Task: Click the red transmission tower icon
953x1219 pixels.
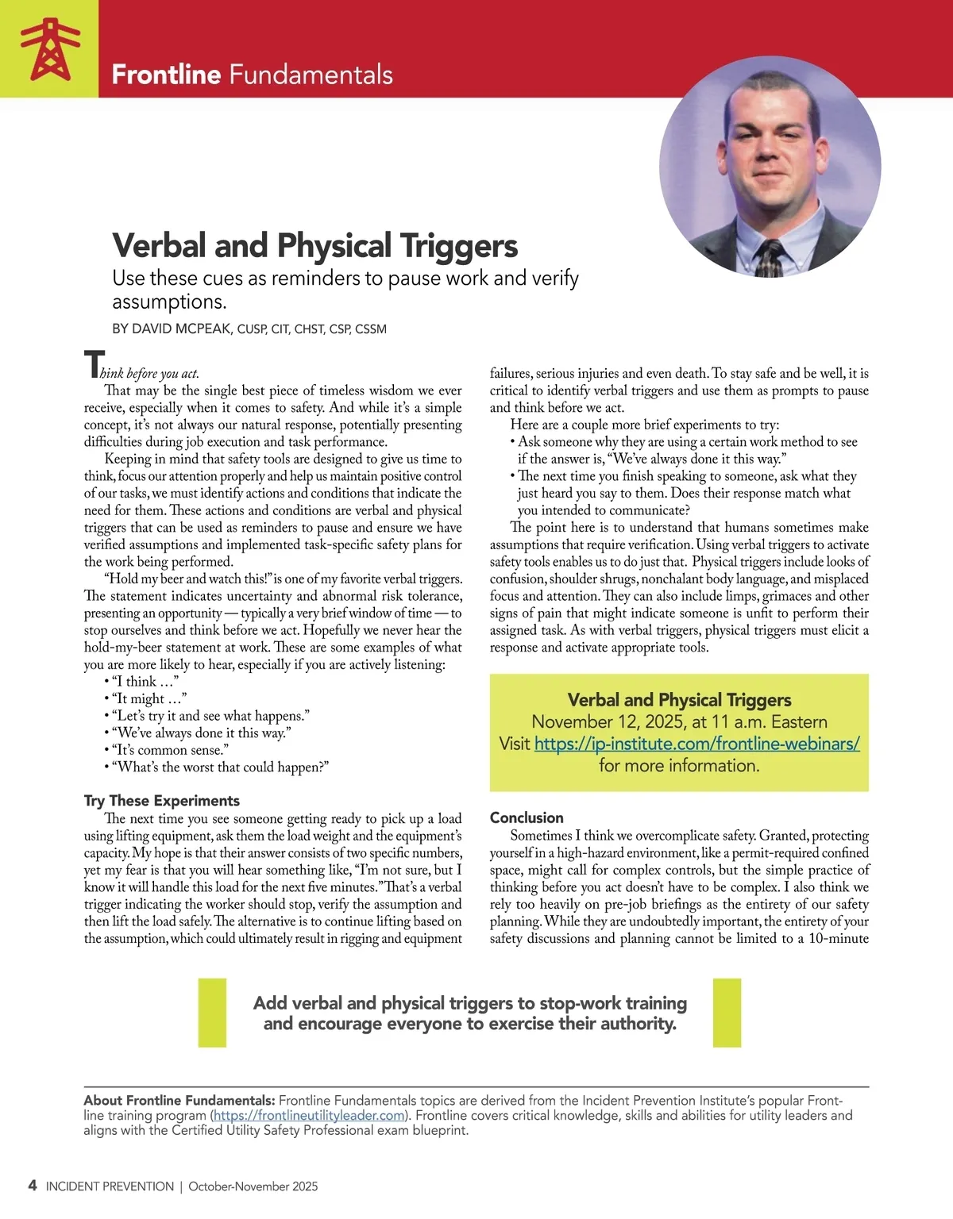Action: [x=49, y=49]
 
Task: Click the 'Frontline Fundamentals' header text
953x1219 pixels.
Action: [x=252, y=75]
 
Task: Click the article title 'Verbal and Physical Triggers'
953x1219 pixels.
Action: [x=314, y=246]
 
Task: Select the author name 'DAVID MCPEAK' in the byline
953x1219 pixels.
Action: [x=181, y=329]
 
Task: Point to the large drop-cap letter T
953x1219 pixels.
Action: [x=93, y=365]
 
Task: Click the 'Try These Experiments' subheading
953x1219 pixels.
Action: [x=161, y=801]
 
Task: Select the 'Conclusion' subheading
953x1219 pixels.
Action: [x=527, y=817]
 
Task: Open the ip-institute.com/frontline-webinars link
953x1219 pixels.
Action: [x=696, y=744]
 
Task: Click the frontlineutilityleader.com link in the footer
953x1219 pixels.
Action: [x=310, y=1115]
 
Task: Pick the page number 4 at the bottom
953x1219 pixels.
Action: [x=32, y=1186]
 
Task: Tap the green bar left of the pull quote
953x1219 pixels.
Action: [x=212, y=1013]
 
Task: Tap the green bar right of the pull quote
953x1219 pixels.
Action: [x=727, y=1013]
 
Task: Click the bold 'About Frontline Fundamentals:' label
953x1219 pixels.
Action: [x=179, y=1101]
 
